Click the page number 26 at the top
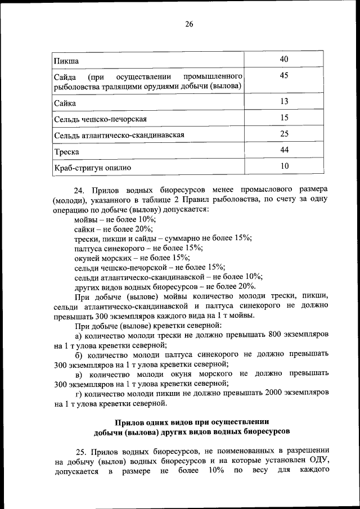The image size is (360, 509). click(x=188, y=24)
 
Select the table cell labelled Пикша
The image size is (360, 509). click(x=66, y=61)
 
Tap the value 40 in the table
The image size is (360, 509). click(x=284, y=60)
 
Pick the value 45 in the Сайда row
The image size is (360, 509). click(x=284, y=76)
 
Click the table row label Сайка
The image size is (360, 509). click(x=65, y=103)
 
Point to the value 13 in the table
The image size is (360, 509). click(x=284, y=101)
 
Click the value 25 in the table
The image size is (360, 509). click(x=284, y=133)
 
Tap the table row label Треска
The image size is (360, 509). click(x=66, y=152)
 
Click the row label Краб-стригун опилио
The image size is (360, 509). click(x=92, y=168)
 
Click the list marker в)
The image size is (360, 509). click(x=79, y=374)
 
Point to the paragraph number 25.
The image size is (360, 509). click(x=80, y=451)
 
